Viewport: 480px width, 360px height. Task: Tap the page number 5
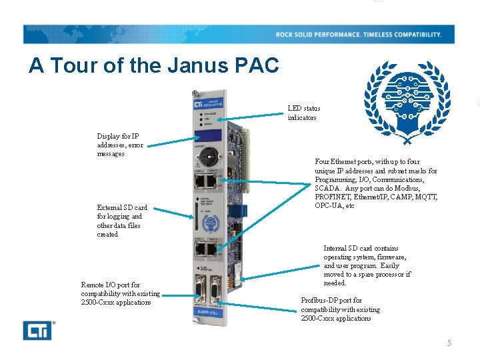449,343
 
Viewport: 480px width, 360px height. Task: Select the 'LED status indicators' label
304,113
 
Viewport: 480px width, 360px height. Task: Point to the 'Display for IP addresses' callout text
120,145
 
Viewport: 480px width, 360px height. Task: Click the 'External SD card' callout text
122,221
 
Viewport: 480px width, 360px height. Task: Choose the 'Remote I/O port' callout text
120,293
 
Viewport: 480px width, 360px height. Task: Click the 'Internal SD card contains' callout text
367,265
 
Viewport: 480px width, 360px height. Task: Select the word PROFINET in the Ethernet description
334,197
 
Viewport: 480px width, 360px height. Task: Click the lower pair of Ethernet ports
206,249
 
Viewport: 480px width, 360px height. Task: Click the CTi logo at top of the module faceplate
197,105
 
